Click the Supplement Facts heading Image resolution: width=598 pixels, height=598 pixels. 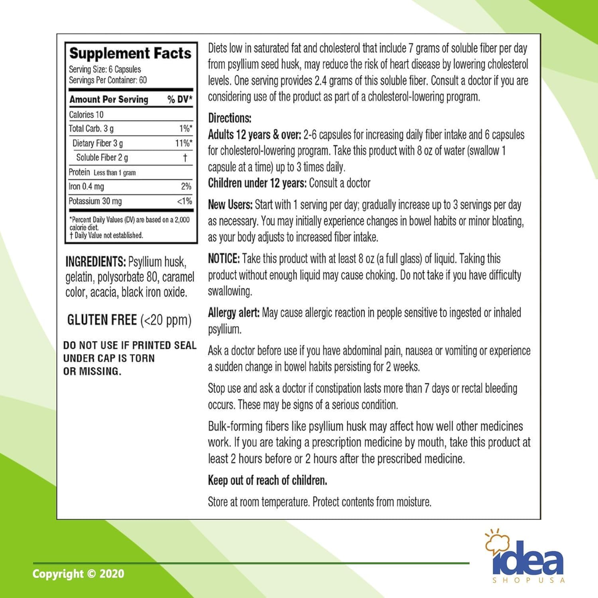(130, 53)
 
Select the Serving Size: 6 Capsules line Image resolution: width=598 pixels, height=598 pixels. (105, 69)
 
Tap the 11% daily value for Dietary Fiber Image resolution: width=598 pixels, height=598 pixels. (183, 143)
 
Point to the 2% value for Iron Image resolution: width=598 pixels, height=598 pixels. (186, 187)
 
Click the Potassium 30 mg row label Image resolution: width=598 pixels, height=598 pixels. (95, 201)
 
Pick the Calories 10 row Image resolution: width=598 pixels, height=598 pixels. (86, 115)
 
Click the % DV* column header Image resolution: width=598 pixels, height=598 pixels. (180, 99)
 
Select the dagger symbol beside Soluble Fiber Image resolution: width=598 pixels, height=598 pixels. (185, 158)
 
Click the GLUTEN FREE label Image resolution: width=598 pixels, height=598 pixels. (102, 320)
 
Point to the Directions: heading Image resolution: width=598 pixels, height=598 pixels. (230, 118)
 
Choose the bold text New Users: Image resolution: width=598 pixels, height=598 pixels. (230, 205)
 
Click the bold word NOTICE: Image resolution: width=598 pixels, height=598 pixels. (224, 259)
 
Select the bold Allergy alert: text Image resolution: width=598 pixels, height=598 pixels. (234, 313)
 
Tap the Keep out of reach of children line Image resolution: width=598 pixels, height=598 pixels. (268, 480)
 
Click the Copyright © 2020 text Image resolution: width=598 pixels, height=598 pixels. (78, 574)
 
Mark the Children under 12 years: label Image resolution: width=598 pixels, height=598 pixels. (257, 183)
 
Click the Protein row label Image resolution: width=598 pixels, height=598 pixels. (79, 172)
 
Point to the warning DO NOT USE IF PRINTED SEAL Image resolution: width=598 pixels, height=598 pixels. (130, 345)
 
